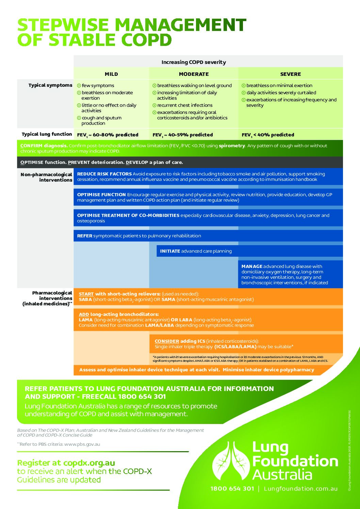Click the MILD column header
tap(111, 74)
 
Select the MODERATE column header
tap(194, 74)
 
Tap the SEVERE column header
tap(290, 74)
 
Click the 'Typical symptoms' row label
tap(50, 85)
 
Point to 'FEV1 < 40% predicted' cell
tap(268, 135)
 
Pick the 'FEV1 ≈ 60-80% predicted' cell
tap(108, 135)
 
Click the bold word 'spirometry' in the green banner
tap(232, 146)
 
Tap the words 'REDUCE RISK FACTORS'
tap(104, 174)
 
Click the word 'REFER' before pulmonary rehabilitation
tap(85, 236)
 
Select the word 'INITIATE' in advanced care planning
tap(170, 251)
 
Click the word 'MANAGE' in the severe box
tap(252, 266)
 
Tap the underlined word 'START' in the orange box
tap(86, 294)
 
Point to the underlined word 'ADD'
tap(84, 315)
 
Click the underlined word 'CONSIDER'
tap(167, 341)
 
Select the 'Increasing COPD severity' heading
tap(194, 62)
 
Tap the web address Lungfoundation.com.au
tap(301, 489)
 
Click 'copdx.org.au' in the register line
tap(89, 463)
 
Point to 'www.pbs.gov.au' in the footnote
tap(82, 444)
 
